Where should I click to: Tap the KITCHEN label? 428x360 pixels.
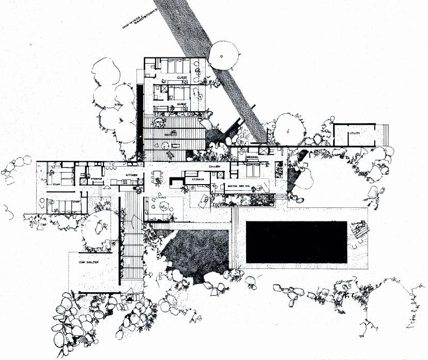coord(132,175)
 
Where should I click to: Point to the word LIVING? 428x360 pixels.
coord(162,197)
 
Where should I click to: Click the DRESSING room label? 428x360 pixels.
coord(252,156)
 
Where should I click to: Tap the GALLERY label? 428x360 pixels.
coord(215,167)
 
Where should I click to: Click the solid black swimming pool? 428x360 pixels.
coord(296,242)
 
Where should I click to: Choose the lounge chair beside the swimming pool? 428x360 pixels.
coord(356,228)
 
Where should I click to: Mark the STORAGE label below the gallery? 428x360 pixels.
coord(198,179)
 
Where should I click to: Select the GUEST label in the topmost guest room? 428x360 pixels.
coord(182,78)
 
